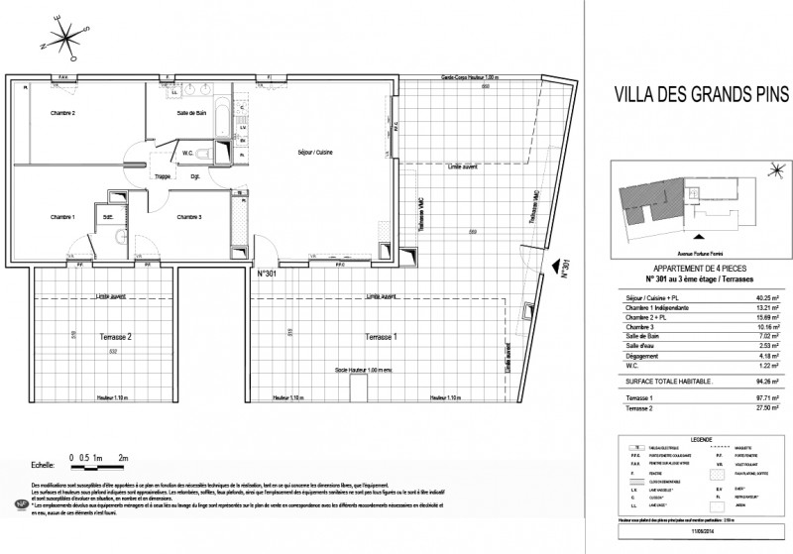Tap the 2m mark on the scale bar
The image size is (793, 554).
124,459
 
